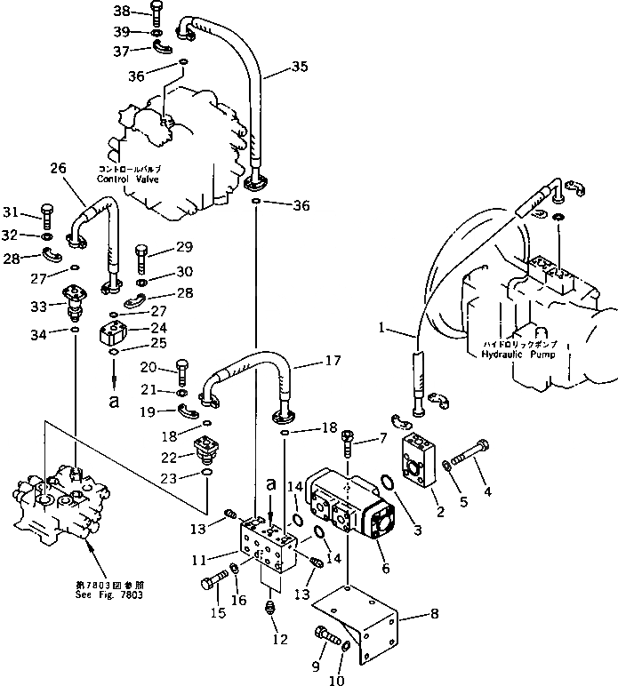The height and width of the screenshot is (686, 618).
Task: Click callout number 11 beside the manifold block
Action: (200, 558)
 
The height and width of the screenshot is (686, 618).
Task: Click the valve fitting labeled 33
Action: (75, 302)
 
